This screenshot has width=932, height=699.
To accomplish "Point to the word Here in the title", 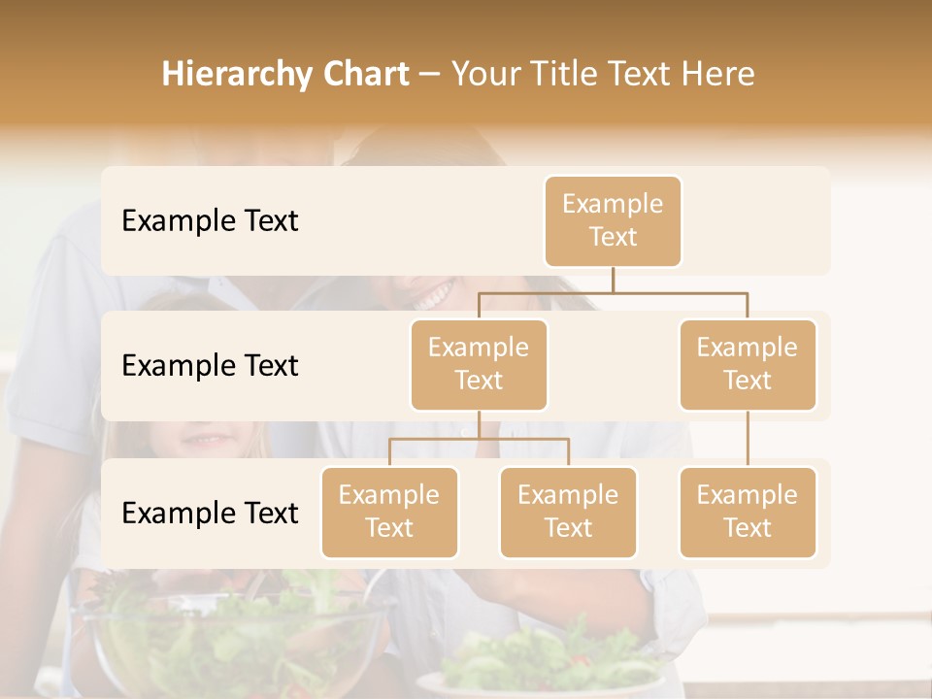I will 716,75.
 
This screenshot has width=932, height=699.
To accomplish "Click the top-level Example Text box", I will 613,220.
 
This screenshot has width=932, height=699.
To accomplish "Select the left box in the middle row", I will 479,364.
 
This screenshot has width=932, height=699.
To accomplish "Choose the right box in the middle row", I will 748,364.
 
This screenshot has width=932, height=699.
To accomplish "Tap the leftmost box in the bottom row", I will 389,512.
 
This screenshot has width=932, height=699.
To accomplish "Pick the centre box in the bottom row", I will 568,512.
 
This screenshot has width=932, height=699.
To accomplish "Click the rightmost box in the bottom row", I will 748,512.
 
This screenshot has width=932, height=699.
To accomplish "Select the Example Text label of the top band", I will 210,220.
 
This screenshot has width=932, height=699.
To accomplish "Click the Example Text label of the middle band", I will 210,365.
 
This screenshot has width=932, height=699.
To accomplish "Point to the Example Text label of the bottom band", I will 210,513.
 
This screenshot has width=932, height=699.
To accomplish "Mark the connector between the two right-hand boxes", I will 748,439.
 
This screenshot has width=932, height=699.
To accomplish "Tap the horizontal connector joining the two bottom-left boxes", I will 479,439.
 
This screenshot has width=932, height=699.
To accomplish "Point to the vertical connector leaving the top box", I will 613,280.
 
